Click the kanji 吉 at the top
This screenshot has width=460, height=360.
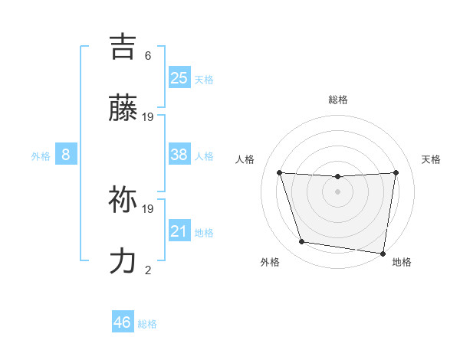coord(123,47)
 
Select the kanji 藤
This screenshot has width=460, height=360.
coord(123,110)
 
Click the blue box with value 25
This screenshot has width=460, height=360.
coord(179,77)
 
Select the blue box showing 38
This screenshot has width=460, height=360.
coord(179,155)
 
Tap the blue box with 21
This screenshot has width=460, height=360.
coord(179,231)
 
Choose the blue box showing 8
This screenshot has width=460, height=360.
coord(66,155)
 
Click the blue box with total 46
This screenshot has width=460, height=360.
coord(123,322)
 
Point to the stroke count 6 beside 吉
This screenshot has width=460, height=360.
coord(148,55)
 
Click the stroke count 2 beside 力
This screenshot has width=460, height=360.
coord(148,270)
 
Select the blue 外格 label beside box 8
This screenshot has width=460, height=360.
coord(41,156)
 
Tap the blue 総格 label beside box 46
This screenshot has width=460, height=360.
coord(147,324)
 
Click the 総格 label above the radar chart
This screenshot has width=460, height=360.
coord(338,100)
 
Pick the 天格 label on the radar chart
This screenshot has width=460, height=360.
coord(432,159)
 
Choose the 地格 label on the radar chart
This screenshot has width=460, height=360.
coord(402,263)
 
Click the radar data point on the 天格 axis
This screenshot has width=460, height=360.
coord(396,172)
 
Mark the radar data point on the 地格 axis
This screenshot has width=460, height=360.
coord(383,253)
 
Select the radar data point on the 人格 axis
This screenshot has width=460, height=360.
coord(279,172)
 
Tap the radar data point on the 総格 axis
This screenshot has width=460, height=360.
coord(338,177)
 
